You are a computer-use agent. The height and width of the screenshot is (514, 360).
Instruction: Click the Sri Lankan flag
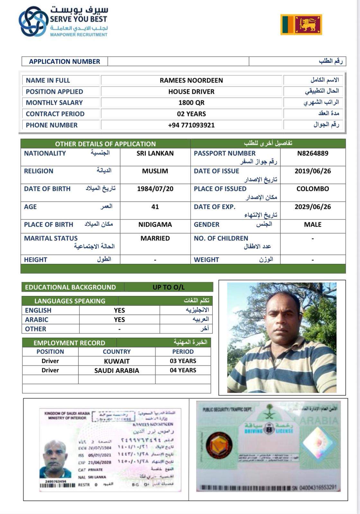[x=301, y=24]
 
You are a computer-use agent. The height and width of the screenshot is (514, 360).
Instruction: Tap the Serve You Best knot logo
[x=33, y=22]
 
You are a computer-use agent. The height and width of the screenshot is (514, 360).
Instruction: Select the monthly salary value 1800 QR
[x=191, y=103]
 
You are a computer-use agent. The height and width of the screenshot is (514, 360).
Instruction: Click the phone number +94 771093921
[x=191, y=125]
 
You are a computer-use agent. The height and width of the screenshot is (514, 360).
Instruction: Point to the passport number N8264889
[x=312, y=153]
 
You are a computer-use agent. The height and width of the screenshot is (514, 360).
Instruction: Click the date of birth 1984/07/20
[x=155, y=189]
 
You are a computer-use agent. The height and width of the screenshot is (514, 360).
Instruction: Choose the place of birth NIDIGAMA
[x=155, y=225]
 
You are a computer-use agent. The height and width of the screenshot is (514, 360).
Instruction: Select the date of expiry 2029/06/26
[x=312, y=207]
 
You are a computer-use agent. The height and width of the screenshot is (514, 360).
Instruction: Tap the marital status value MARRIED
[x=155, y=238]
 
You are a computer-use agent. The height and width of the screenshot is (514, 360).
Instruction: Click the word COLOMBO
[x=312, y=189]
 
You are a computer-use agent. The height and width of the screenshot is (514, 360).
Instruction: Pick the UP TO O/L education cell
[x=168, y=287]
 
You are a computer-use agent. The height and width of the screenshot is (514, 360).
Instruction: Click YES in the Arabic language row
[x=119, y=320]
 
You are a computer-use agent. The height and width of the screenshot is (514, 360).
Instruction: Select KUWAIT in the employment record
[x=117, y=361]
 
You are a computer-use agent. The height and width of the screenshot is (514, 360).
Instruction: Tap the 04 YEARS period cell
[x=183, y=370]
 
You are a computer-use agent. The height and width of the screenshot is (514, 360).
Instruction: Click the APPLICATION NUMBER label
[x=64, y=61]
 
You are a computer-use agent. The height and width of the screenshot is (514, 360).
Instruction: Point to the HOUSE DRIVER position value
[x=191, y=92]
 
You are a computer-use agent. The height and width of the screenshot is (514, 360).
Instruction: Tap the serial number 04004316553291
[x=318, y=488]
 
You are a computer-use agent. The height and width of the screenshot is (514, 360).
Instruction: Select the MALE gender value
[x=312, y=225]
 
